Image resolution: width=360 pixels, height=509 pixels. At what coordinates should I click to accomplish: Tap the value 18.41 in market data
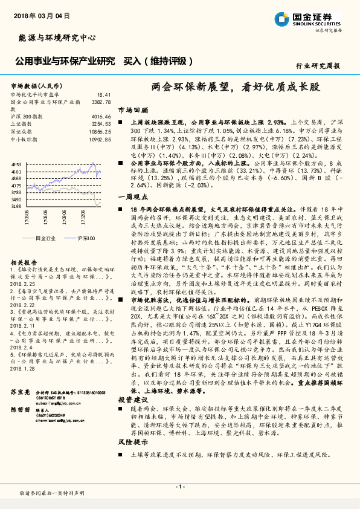click(x=104, y=95)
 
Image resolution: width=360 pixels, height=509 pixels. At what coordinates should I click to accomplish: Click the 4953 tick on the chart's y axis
click(x=16, y=164)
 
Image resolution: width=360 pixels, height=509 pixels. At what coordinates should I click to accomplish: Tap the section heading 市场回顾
click(x=133, y=111)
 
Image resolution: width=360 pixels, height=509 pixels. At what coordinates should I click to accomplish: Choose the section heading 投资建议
click(x=133, y=400)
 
